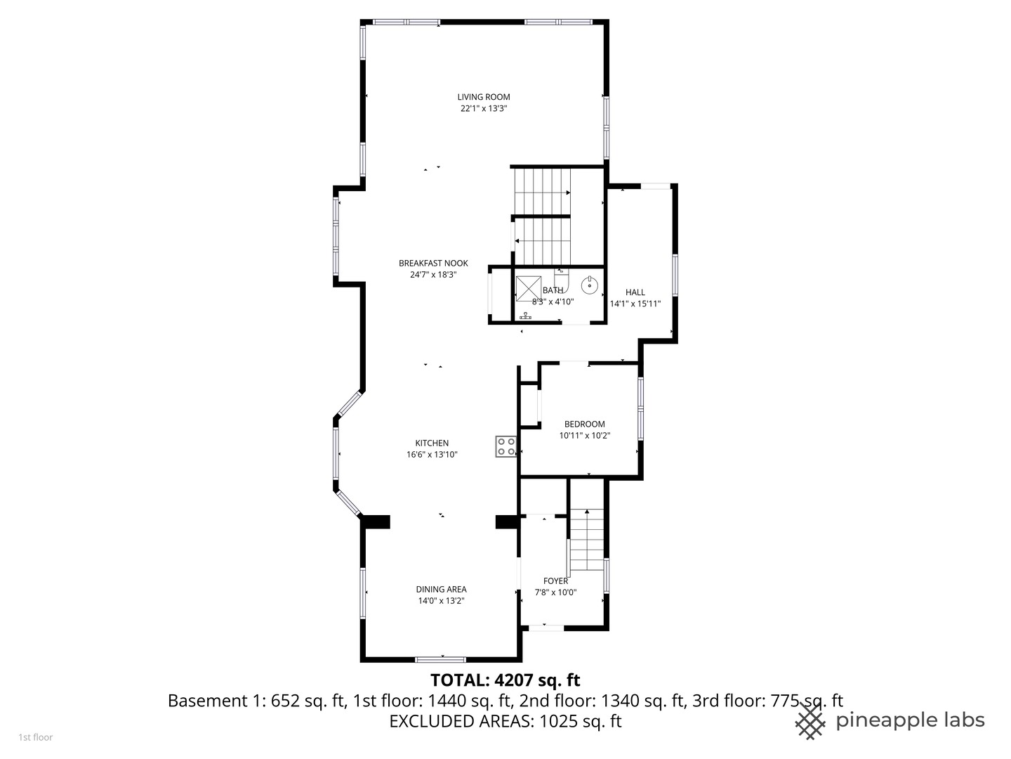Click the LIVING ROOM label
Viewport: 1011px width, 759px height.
click(x=484, y=97)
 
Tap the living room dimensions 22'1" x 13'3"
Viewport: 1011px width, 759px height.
click(x=484, y=109)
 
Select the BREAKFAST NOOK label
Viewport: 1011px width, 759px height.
click(x=433, y=264)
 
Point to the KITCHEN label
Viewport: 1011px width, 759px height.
click(x=432, y=443)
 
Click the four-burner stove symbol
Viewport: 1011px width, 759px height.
click(x=506, y=446)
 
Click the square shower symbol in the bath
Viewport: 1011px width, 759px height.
click(x=528, y=288)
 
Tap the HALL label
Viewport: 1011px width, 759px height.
click(x=635, y=292)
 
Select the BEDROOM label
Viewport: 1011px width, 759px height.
click(x=585, y=424)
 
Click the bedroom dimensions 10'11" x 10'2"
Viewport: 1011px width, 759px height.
click(x=585, y=436)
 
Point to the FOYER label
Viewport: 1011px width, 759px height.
click(x=555, y=581)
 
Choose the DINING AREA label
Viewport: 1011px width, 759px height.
click(x=441, y=590)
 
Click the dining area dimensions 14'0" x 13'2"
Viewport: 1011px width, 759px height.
click(x=441, y=601)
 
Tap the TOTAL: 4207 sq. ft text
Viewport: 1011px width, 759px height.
click(x=505, y=680)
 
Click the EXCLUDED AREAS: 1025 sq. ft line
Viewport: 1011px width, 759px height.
click(x=505, y=721)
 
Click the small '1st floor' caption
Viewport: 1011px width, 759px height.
click(x=35, y=738)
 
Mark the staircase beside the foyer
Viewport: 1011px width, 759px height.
click(x=587, y=540)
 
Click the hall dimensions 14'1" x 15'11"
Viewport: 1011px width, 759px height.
click(x=635, y=304)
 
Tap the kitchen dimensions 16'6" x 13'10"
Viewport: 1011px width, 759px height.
click(x=432, y=455)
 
